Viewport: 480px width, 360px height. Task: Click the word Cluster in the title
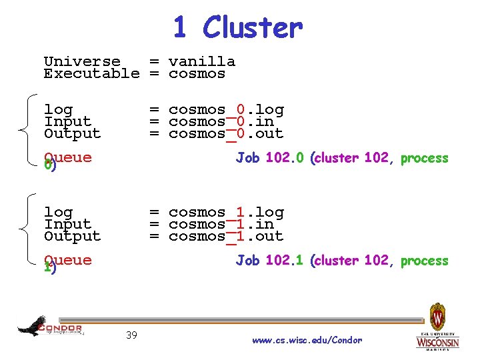click(253, 28)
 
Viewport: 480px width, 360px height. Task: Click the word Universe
click(82, 61)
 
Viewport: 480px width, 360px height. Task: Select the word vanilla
click(201, 61)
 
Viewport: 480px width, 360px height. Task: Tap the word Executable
click(91, 73)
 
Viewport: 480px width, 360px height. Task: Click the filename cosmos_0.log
click(226, 109)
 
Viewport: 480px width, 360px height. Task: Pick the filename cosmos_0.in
click(221, 121)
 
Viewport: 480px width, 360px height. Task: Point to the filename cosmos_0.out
click(226, 133)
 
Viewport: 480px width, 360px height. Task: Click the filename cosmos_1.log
click(226, 212)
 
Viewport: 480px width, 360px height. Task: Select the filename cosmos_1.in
click(221, 224)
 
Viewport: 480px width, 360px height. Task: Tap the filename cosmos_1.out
click(226, 236)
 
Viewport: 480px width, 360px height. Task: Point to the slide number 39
click(131, 335)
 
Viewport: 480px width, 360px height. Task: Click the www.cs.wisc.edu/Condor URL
click(307, 341)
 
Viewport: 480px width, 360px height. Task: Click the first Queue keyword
click(67, 158)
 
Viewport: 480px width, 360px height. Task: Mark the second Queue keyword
click(67, 260)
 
